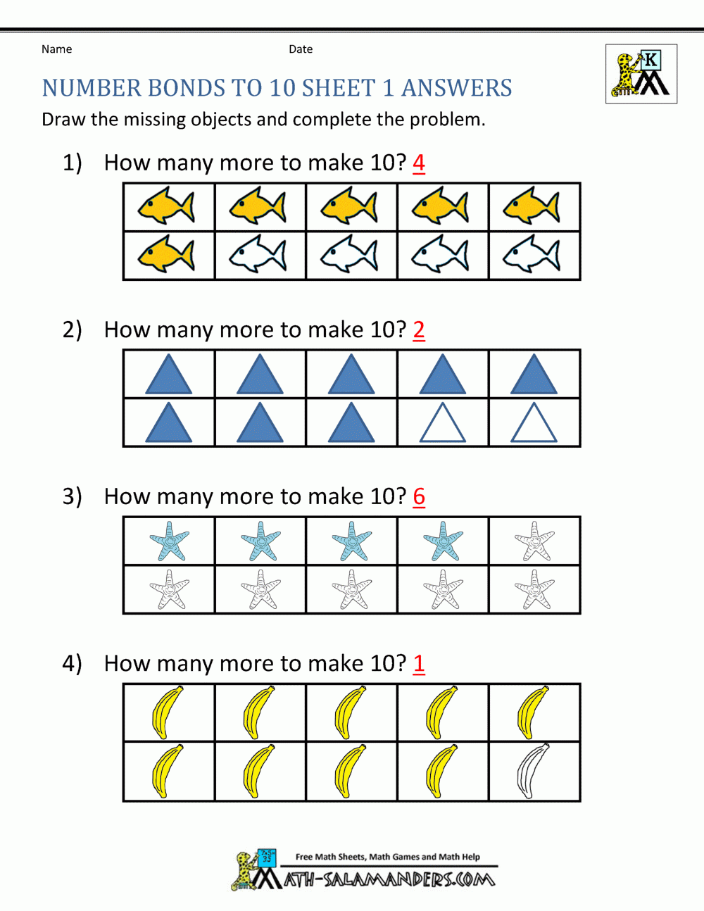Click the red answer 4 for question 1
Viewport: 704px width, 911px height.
[419, 163]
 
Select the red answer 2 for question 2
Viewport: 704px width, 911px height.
[419, 329]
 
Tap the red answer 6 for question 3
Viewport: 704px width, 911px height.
[419, 496]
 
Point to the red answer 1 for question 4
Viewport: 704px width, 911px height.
[419, 663]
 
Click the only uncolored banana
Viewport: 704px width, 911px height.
[533, 771]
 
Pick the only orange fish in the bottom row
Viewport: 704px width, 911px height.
[167, 255]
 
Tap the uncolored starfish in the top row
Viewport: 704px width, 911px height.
[534, 541]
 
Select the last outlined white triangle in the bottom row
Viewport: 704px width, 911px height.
[534, 423]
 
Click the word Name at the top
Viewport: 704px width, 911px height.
[56, 49]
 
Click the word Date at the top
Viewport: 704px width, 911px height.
[301, 49]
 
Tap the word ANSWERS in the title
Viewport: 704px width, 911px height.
[457, 88]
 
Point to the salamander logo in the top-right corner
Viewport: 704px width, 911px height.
[641, 74]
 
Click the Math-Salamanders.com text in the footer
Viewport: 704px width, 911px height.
[389, 879]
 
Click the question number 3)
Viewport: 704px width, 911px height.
[73, 496]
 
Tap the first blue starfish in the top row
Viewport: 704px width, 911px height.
[170, 541]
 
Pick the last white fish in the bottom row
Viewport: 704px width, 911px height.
[532, 255]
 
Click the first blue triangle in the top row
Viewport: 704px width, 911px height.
[168, 375]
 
